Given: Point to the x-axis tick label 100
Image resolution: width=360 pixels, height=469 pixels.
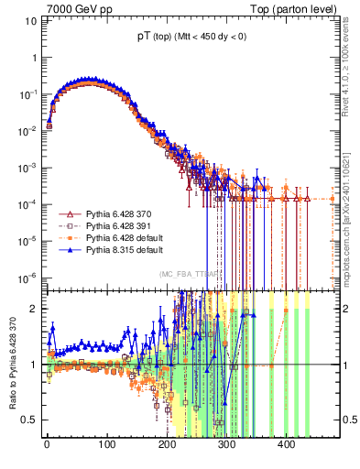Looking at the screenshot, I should click(106, 442).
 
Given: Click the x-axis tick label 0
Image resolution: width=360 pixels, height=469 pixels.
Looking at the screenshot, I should click(47, 442).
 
